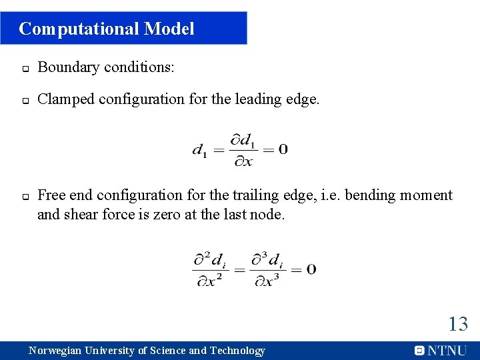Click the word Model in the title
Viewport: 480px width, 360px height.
169,29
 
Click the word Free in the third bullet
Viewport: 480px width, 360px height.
51,195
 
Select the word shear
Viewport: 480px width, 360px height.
79,215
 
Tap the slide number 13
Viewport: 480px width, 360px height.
458,325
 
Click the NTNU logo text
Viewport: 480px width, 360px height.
447,351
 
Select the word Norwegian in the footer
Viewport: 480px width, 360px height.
55,351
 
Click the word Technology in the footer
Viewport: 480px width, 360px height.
237,351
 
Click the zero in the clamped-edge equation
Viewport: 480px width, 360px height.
283,149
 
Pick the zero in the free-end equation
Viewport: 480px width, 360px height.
311,269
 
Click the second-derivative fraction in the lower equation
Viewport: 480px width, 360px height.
211,269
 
